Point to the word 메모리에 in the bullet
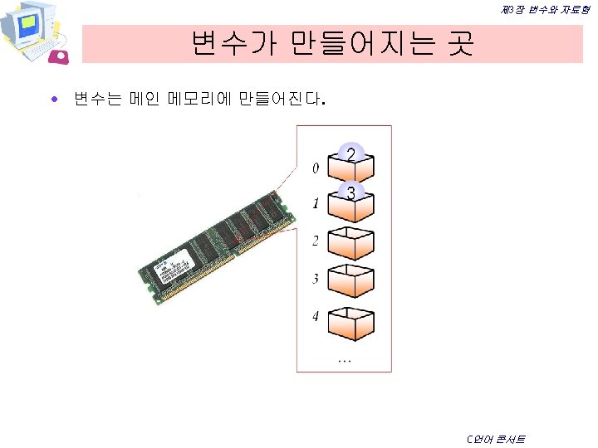pos(199,100)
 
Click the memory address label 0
pos(314,169)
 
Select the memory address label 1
pos(315,203)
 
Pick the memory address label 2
pos(315,241)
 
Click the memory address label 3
pos(315,279)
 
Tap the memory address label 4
pos(315,316)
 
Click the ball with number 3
pos(351,192)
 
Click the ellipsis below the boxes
pos(344,359)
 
